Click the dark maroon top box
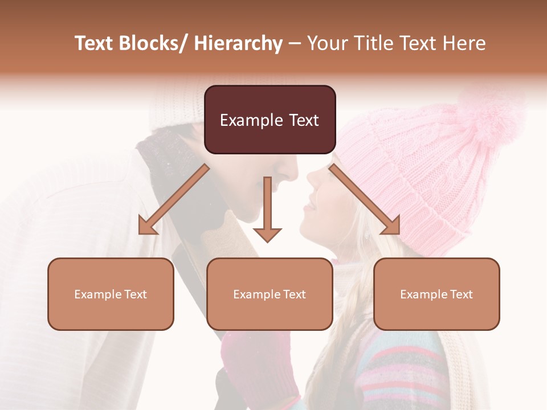point(270,120)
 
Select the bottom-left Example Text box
point(111,294)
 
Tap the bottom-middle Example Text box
point(270,294)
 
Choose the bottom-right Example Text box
point(436,294)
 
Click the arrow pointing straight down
point(267,211)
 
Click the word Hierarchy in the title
point(238,43)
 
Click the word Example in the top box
point(243,120)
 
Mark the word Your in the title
point(327,43)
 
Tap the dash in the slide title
point(295,43)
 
